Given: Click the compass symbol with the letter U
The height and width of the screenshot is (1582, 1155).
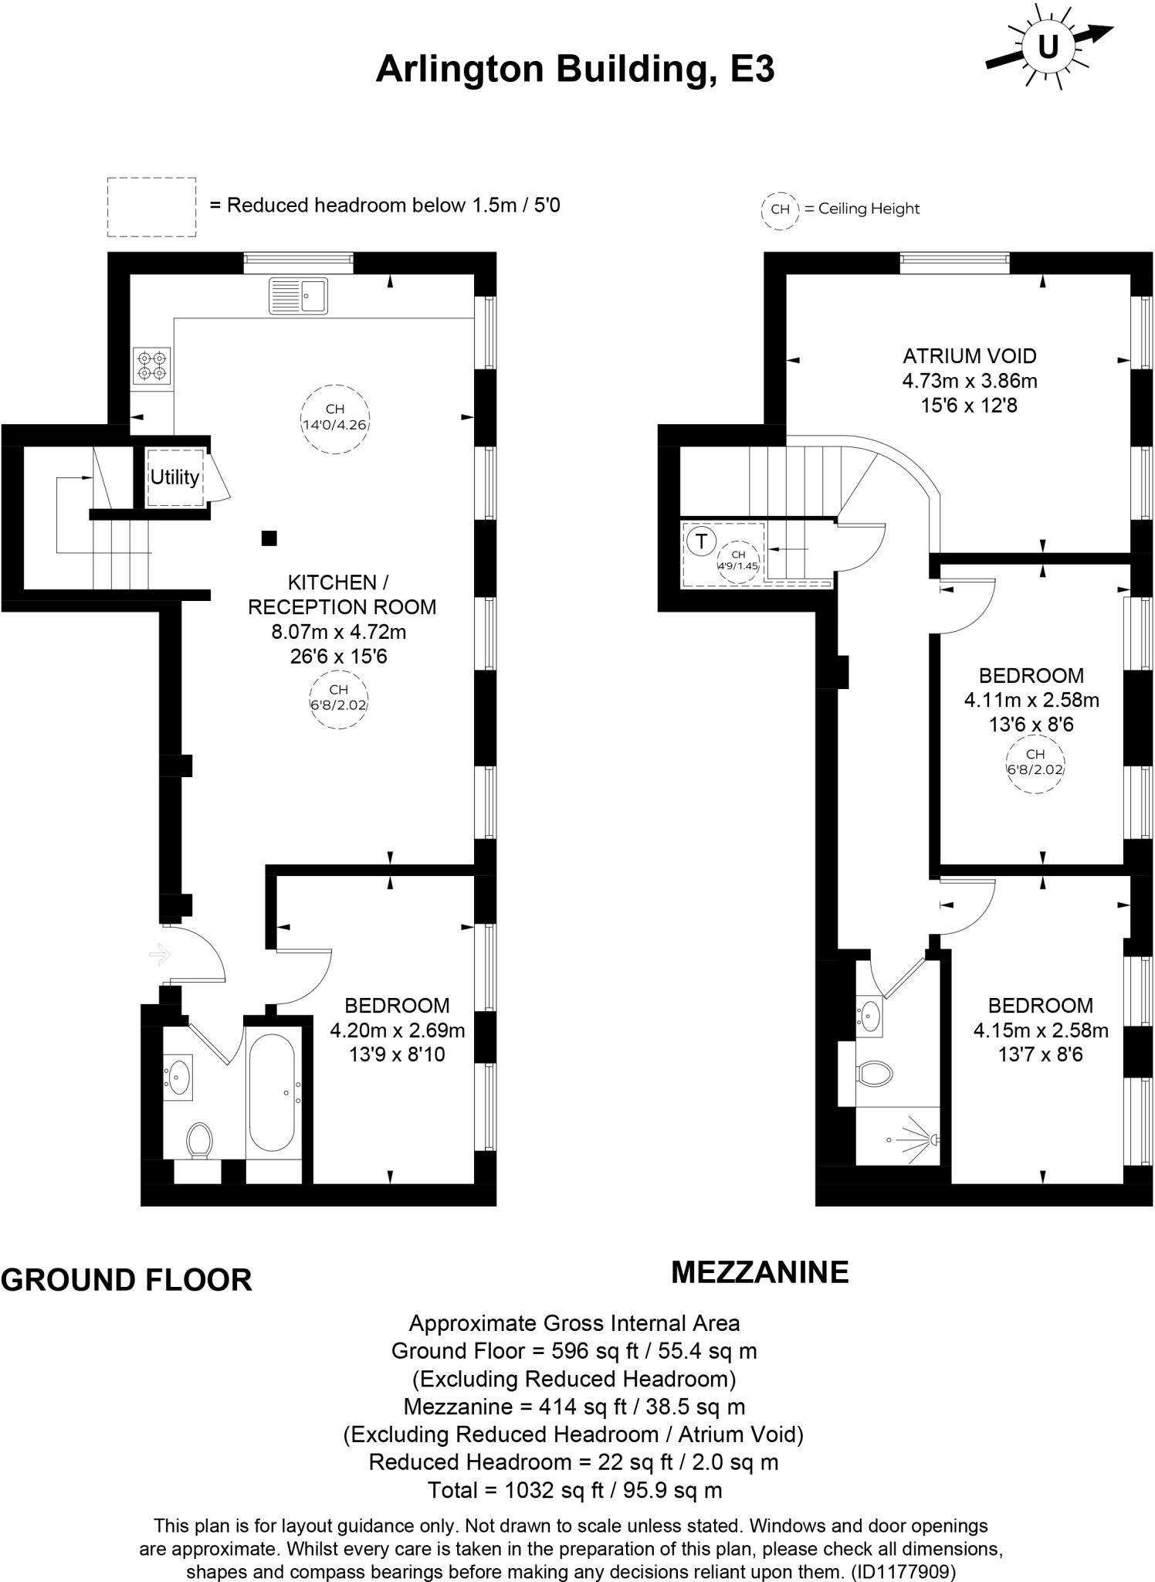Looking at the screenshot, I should pos(1048,49).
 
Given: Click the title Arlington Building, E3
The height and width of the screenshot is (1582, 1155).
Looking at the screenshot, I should pos(574,70).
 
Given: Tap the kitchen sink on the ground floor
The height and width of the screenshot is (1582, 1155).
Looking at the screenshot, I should pos(298,296).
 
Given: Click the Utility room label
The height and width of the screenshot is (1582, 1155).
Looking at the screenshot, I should pos(174,477).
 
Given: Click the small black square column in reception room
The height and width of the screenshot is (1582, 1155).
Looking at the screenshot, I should pos(269,538).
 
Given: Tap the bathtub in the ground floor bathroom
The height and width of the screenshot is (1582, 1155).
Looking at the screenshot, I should pos(272,1092).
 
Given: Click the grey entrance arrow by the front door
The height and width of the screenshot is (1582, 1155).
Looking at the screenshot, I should pos(160,956).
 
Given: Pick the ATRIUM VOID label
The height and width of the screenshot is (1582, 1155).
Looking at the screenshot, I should pos(970,356).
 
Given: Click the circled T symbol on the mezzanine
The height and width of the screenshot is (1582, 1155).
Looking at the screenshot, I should pos(701,541).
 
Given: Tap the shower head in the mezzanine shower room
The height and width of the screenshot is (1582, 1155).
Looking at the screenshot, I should pos(934,1139).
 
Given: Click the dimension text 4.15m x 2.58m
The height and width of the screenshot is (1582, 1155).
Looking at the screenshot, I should pos(1040,1030).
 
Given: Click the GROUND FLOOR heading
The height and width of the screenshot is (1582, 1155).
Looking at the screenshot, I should pos(126,1280).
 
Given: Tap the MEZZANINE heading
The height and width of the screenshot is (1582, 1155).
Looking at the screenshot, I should pos(760,1271).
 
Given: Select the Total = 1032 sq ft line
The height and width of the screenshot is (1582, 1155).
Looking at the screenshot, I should pos(574,1490).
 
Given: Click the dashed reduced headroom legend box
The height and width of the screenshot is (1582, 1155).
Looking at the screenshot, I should pos(151,207).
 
